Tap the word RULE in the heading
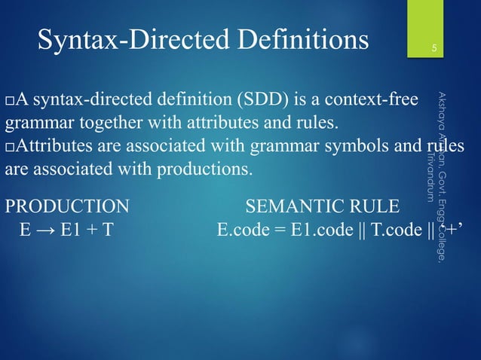[379, 206]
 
